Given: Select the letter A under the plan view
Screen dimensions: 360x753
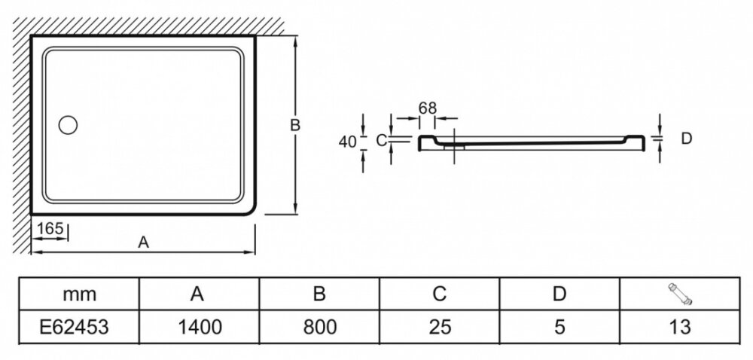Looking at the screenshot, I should (x=142, y=242).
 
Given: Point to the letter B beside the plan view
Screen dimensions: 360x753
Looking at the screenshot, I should (x=296, y=125).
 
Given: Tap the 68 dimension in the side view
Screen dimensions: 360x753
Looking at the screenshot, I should (x=428, y=107).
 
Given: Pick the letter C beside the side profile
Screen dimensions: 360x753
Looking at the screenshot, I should (x=381, y=140).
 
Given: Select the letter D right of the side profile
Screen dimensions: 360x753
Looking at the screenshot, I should (x=686, y=139).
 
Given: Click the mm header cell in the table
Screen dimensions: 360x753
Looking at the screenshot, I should (x=80, y=294).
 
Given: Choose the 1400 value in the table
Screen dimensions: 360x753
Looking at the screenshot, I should (x=200, y=326).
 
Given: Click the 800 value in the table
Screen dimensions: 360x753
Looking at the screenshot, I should (x=319, y=326).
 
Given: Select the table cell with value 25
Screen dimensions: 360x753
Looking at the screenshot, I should (x=439, y=326).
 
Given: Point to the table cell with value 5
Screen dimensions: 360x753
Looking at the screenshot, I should (x=559, y=326).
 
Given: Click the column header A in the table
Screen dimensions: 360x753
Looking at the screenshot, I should (x=200, y=294).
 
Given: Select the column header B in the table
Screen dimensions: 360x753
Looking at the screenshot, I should (x=319, y=294).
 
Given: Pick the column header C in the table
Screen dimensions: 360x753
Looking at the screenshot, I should (x=439, y=294).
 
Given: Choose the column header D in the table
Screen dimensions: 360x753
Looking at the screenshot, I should (x=559, y=294).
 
